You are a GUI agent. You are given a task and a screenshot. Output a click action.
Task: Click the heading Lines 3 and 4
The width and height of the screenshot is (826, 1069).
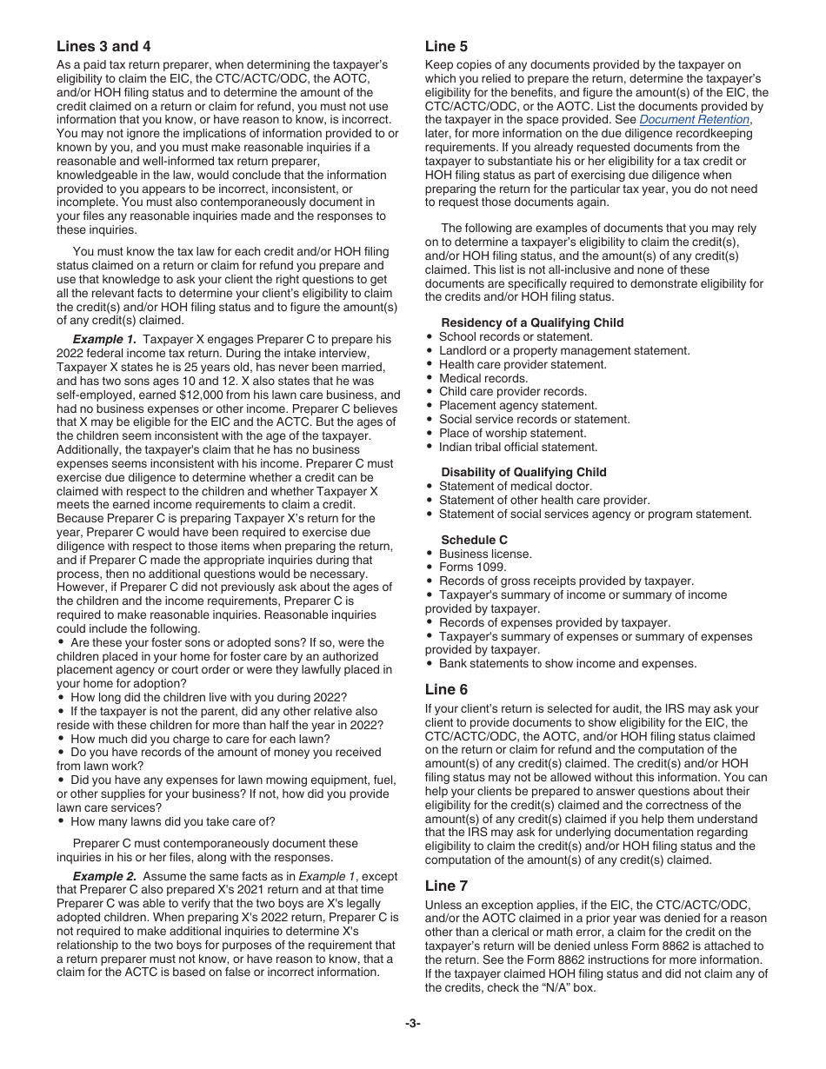110,47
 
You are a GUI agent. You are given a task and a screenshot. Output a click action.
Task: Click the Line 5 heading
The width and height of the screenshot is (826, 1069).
446,47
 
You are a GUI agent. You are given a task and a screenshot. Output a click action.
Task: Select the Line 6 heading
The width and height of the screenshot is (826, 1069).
446,689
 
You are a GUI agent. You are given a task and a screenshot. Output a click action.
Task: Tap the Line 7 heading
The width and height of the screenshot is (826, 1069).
446,886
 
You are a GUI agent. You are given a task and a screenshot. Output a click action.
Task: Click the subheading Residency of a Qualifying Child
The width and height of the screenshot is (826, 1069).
532,323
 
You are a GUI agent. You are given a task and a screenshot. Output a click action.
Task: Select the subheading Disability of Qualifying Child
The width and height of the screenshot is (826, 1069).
523,473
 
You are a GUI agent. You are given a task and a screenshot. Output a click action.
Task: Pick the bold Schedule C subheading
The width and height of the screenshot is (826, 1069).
474,541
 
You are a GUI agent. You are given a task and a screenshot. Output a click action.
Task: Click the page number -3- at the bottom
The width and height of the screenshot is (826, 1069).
413,1024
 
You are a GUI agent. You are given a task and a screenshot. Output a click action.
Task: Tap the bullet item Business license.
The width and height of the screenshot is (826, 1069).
485,554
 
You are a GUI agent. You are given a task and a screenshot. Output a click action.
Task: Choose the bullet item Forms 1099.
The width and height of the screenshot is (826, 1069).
473,568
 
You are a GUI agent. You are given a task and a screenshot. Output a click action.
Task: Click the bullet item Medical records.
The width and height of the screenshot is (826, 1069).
483,379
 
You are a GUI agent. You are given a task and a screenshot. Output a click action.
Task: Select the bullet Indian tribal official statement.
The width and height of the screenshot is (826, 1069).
518,448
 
